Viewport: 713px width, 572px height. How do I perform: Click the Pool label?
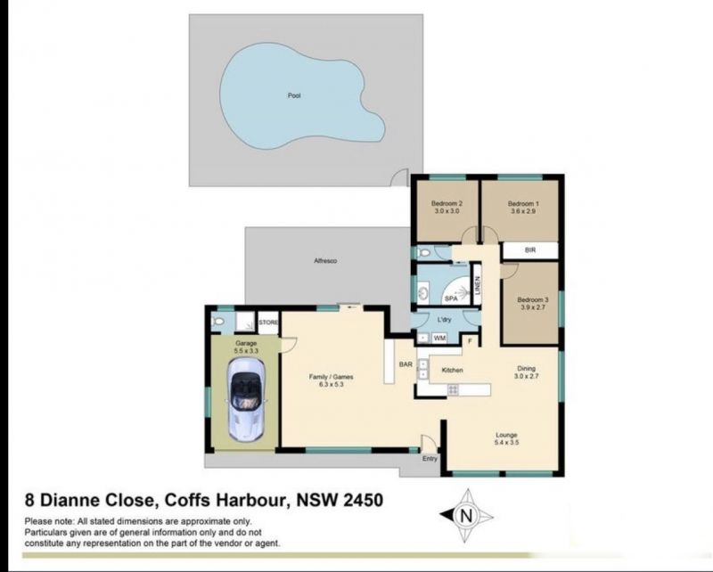[x=294, y=95]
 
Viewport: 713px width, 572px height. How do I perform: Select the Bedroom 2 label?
[x=447, y=203]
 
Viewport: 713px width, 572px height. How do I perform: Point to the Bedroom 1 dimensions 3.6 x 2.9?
[x=523, y=211]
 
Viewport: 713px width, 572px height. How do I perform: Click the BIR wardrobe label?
[x=530, y=250]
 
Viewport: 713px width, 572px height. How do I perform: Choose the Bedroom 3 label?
[x=532, y=299]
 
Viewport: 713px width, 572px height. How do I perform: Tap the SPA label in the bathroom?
[x=451, y=298]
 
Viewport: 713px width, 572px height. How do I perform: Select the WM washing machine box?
[x=439, y=338]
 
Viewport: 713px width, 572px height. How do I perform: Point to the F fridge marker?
[x=471, y=340]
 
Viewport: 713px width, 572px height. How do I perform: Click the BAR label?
[x=406, y=364]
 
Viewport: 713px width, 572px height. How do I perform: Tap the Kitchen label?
[x=453, y=370]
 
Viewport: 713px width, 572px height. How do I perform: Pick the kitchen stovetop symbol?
[x=453, y=389]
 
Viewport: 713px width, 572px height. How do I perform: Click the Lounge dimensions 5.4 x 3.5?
[x=506, y=442]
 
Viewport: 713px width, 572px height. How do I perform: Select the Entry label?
[x=430, y=458]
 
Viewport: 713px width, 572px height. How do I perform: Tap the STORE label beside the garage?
[x=268, y=323]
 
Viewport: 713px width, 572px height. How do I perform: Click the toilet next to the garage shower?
[x=218, y=322]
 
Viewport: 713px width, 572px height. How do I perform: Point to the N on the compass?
[x=466, y=516]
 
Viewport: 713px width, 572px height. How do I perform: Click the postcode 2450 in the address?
[x=363, y=500]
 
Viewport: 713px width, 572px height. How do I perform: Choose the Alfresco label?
[x=325, y=261]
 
